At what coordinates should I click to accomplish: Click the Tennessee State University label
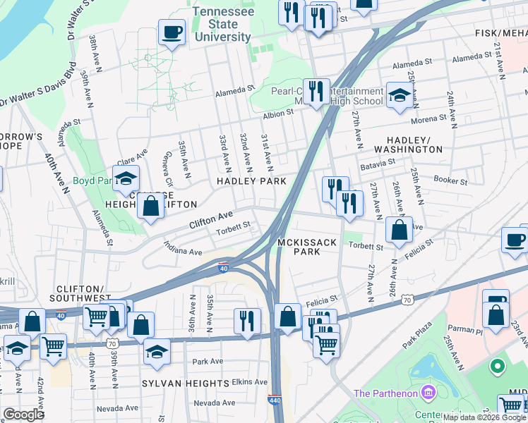coord(222,25)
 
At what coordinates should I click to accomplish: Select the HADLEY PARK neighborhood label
coord(251,181)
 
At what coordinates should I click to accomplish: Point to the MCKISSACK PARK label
coord(308,246)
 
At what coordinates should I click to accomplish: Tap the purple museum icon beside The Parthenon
coord(426,392)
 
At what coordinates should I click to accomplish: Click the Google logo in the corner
coord(24,415)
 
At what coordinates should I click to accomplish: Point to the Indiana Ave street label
coord(183,248)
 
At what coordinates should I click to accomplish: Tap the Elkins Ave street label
coord(250,381)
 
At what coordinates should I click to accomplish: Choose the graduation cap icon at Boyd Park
coord(126,178)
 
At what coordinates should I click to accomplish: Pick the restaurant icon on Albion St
coord(316,91)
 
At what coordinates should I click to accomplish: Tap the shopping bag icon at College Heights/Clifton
coord(150,207)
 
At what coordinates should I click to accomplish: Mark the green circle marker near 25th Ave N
coord(498,367)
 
